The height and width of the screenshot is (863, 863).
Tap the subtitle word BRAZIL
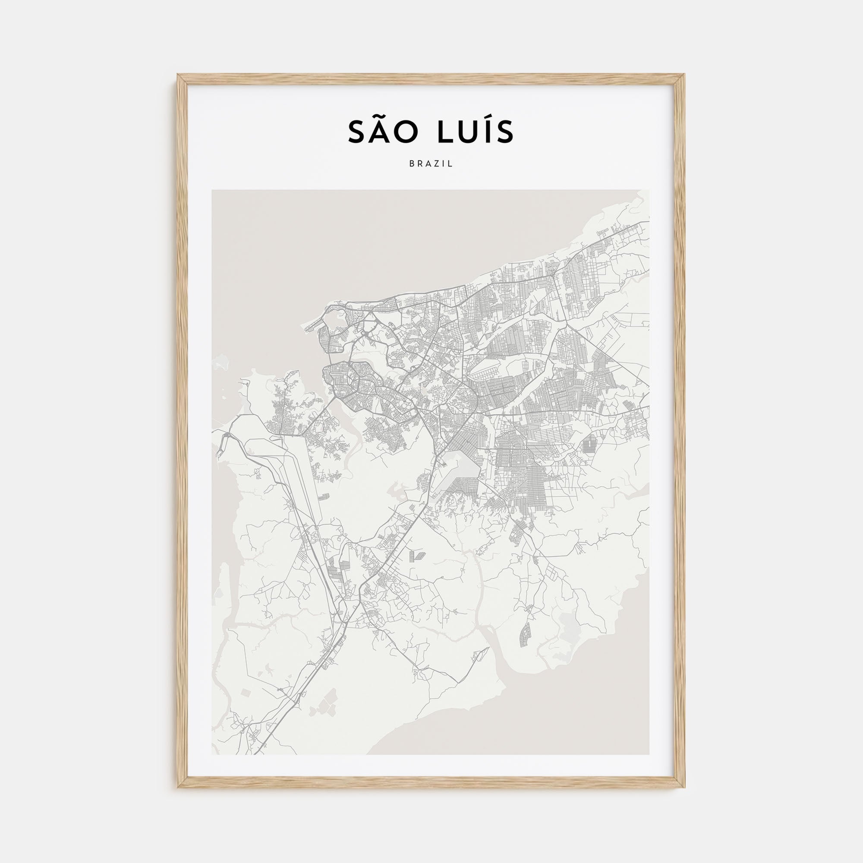point(431,164)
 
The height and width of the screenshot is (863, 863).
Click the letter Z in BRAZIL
point(436,164)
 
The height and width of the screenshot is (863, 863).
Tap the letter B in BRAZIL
point(411,164)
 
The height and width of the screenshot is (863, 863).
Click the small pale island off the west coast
point(220,365)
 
